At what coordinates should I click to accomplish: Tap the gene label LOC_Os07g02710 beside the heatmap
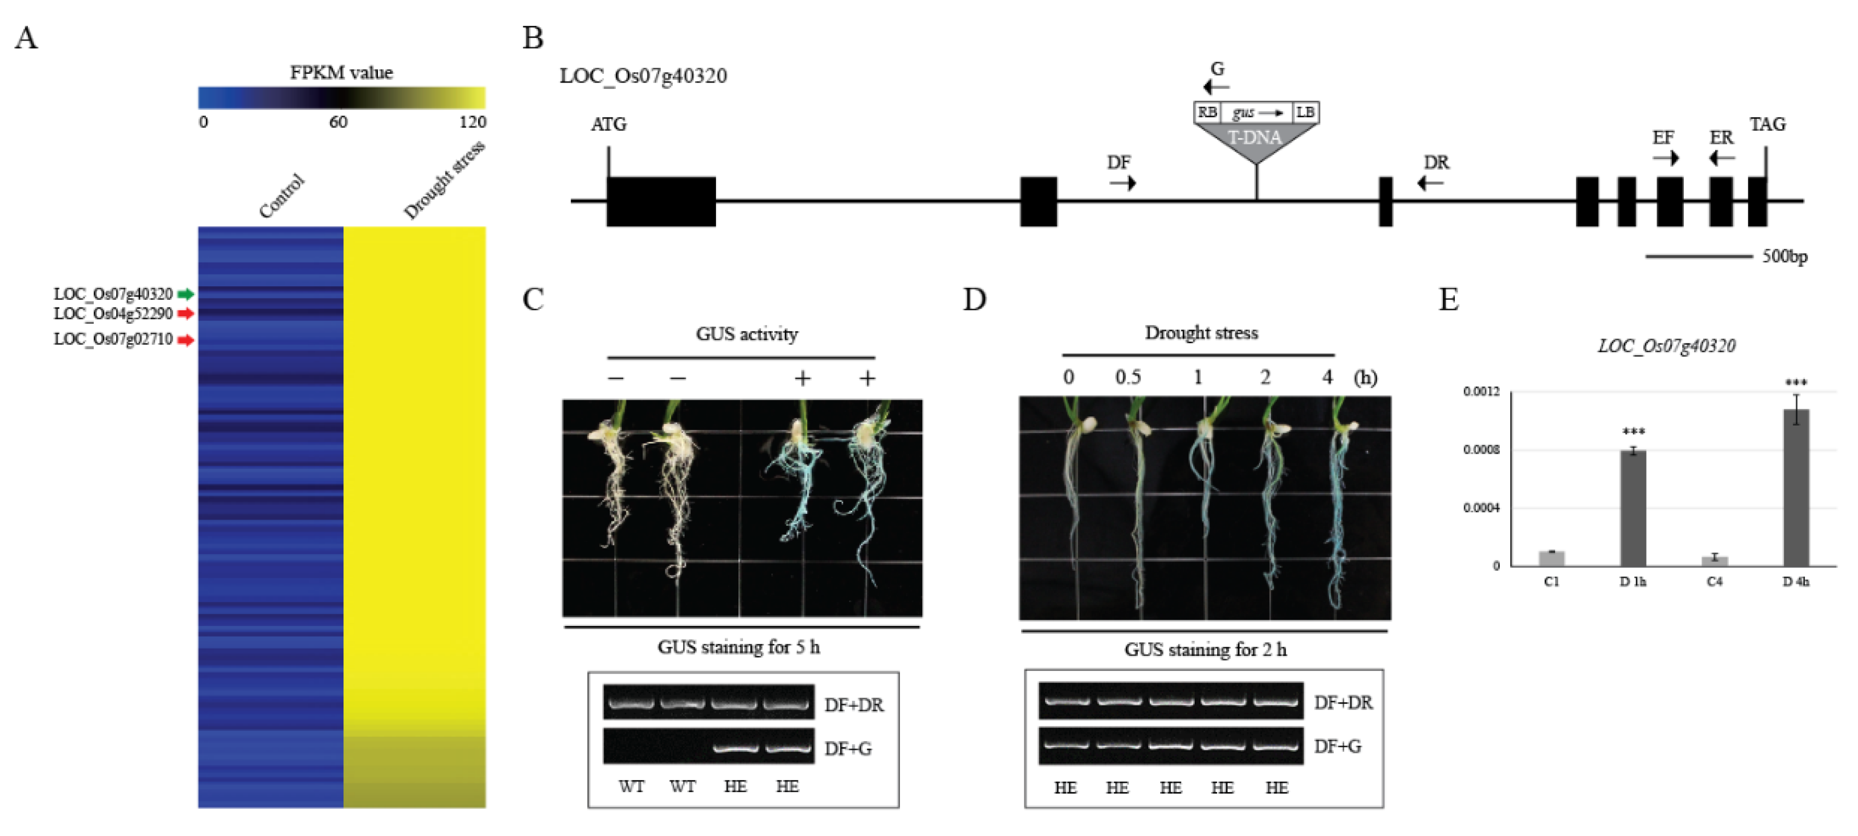pyautogui.click(x=113, y=339)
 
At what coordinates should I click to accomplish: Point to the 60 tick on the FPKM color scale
pyautogui.click(x=339, y=122)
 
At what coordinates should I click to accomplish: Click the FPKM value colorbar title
pyautogui.click(x=341, y=72)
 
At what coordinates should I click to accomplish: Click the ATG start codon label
pyautogui.click(x=609, y=125)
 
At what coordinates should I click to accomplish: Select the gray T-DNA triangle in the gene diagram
pyautogui.click(x=1255, y=141)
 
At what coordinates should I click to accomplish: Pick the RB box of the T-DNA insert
pyautogui.click(x=1207, y=112)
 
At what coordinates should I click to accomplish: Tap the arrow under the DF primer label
pyautogui.click(x=1122, y=183)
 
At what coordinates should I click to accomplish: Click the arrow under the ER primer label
pyautogui.click(x=1721, y=158)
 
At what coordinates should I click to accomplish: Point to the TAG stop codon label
pyautogui.click(x=1767, y=125)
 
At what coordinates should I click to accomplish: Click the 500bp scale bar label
pyautogui.click(x=1785, y=257)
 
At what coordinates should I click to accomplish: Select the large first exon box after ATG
pyautogui.click(x=661, y=202)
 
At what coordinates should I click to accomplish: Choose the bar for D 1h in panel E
pyautogui.click(x=1633, y=508)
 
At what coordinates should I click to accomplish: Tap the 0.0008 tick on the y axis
pyautogui.click(x=1481, y=450)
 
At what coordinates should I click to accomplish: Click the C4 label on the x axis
pyautogui.click(x=1714, y=582)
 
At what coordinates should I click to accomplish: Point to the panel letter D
pyautogui.click(x=974, y=299)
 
